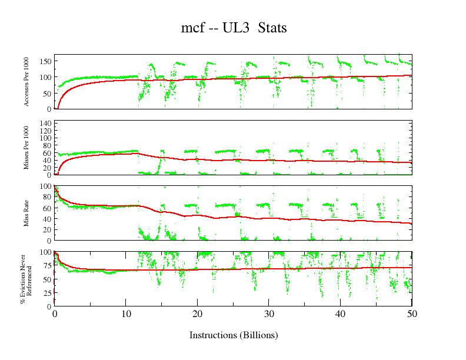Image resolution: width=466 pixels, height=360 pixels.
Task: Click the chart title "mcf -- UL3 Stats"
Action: (x=234, y=28)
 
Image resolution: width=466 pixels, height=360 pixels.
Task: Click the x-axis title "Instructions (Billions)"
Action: (x=234, y=335)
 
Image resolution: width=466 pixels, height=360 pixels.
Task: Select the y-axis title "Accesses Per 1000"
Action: (x=26, y=82)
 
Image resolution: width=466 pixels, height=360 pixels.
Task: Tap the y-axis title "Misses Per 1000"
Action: (x=26, y=148)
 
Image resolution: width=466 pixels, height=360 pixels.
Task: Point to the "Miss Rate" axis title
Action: (x=26, y=213)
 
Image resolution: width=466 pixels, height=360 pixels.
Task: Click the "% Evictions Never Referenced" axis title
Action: (x=25, y=278)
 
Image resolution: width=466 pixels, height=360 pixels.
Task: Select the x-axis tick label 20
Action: (x=197, y=314)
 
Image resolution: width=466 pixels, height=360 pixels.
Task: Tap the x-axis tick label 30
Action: (x=269, y=314)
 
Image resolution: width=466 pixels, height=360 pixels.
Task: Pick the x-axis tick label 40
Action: (x=341, y=314)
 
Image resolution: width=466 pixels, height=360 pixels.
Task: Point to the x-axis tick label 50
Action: (x=412, y=314)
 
